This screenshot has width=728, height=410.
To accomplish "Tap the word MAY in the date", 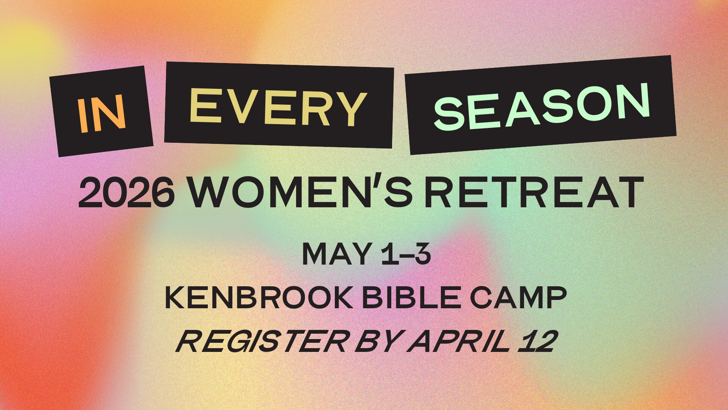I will coord(336,254).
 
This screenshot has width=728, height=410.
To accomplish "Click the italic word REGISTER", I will coord(262,341).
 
